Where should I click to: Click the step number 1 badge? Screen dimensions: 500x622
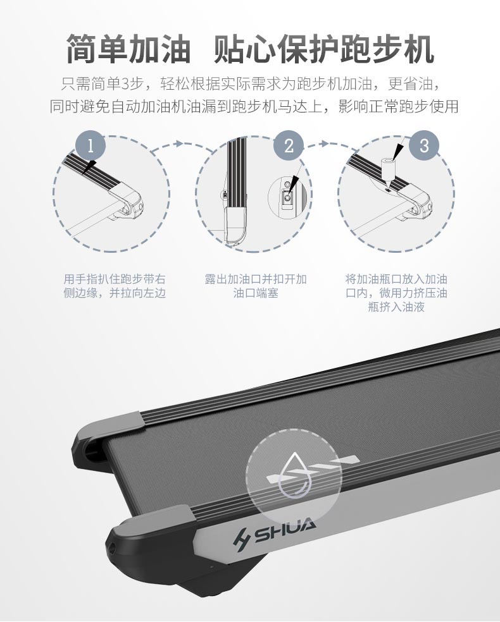tap(91, 146)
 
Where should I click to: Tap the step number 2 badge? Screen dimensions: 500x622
tap(289, 146)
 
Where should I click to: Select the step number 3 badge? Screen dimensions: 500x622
tap(424, 146)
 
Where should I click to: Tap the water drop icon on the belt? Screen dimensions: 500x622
tap(294, 475)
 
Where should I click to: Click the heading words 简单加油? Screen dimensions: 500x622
tap(128, 49)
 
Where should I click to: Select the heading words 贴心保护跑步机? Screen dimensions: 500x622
tap(323, 49)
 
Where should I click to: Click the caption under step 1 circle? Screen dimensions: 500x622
tap(115, 286)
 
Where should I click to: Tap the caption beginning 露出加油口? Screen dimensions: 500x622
tap(256, 286)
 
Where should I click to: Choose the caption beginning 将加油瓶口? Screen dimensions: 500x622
tap(396, 293)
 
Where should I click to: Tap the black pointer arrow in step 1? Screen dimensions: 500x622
tap(89, 166)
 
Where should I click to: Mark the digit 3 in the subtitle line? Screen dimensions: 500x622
tap(125, 84)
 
